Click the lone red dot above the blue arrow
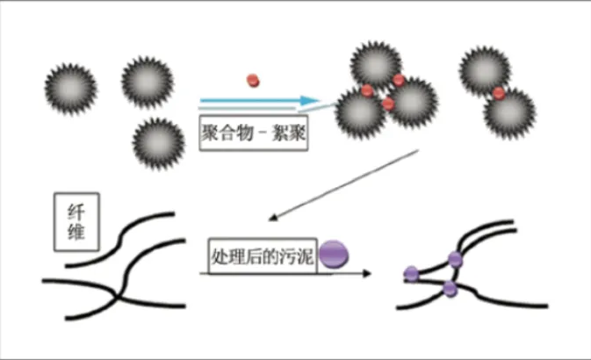pyautogui.click(x=254, y=81)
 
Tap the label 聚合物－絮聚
pyautogui.click(x=253, y=136)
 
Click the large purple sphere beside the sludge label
pyautogui.click(x=334, y=256)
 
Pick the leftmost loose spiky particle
pyautogui.click(x=70, y=86)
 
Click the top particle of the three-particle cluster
pyautogui.click(x=376, y=64)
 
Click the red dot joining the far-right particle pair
pyautogui.click(x=498, y=93)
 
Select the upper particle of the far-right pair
pyautogui.click(x=484, y=70)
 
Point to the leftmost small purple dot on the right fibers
pyautogui.click(x=410, y=273)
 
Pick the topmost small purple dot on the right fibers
pyautogui.click(x=455, y=258)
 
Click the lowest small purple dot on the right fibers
pyautogui.click(x=450, y=288)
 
